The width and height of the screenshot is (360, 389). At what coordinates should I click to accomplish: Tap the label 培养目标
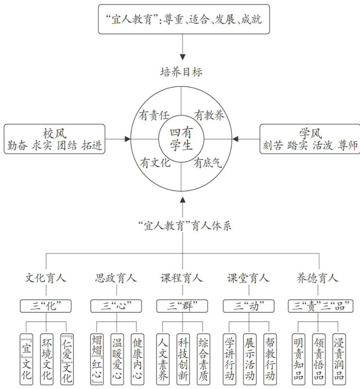pos(181,72)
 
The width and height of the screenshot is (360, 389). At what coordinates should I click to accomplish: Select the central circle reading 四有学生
pos(181,138)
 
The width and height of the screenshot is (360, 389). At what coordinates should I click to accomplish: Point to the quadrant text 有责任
pos(154,115)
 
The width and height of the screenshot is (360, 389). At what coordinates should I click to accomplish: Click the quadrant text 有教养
pos(209,115)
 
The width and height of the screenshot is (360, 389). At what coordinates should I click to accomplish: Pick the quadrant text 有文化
pos(155,163)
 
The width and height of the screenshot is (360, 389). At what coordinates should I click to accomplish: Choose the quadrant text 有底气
pos(207,163)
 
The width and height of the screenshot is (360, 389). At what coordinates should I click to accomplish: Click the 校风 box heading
pos(54,133)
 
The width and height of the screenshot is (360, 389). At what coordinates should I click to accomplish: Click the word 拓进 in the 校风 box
pos(92,146)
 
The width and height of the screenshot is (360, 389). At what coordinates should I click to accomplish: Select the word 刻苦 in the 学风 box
pos(273,146)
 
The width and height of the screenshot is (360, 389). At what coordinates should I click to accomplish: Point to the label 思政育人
pos(116,278)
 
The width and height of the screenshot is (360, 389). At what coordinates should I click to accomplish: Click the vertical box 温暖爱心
pos(117,357)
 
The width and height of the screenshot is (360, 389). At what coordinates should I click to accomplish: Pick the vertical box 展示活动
pos(249,357)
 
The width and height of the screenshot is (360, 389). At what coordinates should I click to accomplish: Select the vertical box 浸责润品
pos(339,357)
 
